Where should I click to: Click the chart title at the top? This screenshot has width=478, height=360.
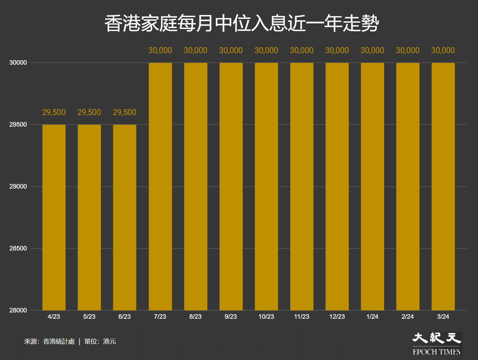click(242, 23)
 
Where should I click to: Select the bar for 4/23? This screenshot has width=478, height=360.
click(54, 217)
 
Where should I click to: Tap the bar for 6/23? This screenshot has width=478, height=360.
click(125, 217)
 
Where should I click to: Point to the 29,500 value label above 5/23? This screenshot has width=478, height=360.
click(89, 112)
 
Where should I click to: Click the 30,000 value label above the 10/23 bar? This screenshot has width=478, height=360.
click(266, 50)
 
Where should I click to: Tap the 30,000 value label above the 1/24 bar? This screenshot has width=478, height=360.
click(372, 50)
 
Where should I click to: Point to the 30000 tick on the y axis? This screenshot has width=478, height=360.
click(18, 63)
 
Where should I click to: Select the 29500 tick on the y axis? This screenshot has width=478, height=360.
click(18, 124)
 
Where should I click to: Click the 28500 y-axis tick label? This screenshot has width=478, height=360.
click(18, 249)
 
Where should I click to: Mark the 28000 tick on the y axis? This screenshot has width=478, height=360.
click(18, 310)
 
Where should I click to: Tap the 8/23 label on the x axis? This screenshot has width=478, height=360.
click(196, 317)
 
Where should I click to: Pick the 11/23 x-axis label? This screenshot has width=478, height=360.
click(302, 317)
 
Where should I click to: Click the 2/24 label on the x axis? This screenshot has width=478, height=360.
click(407, 317)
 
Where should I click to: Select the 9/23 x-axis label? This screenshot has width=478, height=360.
click(231, 317)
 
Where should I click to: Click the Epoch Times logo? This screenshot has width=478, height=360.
click(436, 344)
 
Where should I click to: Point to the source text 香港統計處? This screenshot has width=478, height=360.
click(59, 341)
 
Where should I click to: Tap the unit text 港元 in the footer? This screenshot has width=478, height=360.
click(109, 341)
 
